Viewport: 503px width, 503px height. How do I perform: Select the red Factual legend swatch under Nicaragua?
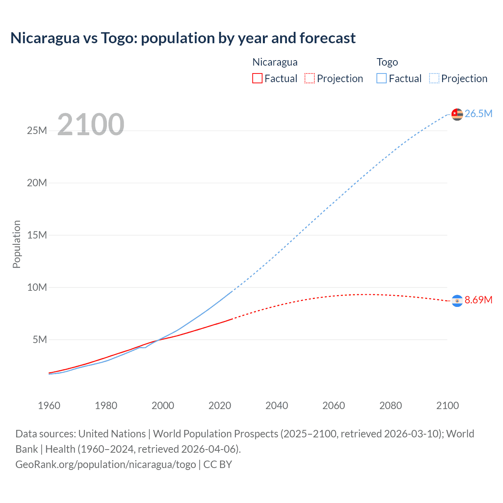pos(257,78)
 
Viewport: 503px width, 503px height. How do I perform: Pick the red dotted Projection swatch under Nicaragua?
pos(309,78)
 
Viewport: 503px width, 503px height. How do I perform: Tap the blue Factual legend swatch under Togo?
pos(381,78)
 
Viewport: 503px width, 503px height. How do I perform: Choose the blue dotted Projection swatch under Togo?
pos(434,78)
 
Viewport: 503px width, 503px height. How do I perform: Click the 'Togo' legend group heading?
pos(387,62)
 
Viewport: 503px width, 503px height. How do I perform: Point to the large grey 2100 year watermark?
pos(91,125)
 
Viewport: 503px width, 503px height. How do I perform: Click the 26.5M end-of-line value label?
pos(478,114)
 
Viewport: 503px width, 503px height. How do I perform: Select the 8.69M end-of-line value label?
pos(478,300)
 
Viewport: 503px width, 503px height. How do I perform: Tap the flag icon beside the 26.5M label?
pos(457,114)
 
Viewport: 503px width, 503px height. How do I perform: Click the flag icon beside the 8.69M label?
pos(457,301)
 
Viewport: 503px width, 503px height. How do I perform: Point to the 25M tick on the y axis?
pos(37,130)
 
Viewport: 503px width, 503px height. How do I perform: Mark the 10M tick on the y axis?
pos(37,287)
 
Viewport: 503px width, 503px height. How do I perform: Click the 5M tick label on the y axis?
pos(40,340)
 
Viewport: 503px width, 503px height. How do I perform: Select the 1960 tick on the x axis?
pos(49,406)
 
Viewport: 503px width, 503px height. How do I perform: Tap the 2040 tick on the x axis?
pos(277,406)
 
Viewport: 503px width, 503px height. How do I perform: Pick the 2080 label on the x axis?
pos(391,406)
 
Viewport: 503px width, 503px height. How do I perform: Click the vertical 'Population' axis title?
pos(17,244)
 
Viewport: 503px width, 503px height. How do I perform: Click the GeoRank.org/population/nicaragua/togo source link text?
pos(106,464)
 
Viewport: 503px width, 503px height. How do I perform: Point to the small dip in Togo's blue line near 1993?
pos(144,347)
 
